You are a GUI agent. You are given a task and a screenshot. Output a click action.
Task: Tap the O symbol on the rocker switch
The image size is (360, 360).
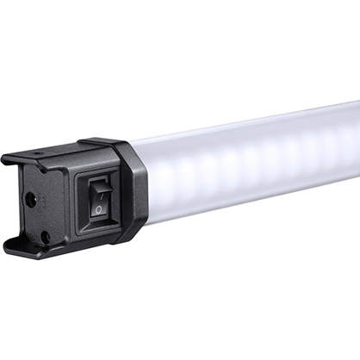coord(100,208)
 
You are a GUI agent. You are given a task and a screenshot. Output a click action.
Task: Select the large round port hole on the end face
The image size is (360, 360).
coord(30,200)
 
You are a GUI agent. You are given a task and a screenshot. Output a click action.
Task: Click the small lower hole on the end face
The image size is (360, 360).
coord(44,234)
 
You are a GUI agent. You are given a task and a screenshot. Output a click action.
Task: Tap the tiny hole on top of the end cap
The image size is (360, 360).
coord(38,156)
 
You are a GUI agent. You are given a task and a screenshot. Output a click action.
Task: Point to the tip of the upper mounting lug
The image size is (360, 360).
coord(7,159)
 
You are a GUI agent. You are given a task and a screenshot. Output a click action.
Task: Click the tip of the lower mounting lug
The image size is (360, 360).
coord(10,247)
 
